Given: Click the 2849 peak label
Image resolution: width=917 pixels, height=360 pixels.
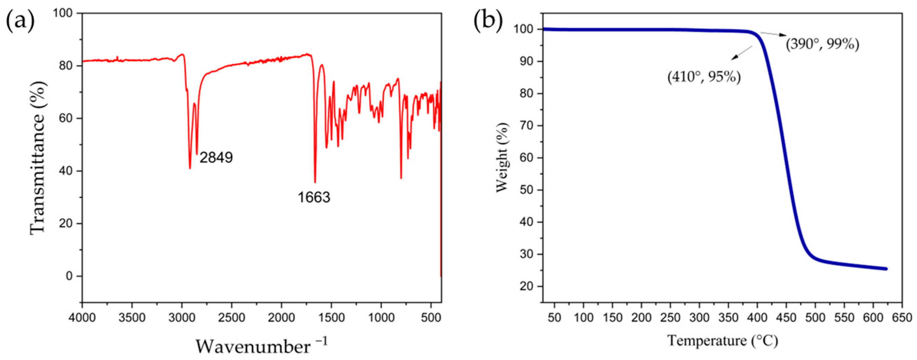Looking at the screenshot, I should tap(216, 158).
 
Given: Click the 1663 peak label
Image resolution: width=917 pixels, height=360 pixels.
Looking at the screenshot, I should tap(314, 197).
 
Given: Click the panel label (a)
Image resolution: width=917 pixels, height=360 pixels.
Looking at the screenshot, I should tap(20, 21).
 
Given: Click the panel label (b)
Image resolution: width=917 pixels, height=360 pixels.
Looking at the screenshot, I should tap(488, 21).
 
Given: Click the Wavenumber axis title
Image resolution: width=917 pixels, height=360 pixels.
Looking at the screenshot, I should tap(261, 346).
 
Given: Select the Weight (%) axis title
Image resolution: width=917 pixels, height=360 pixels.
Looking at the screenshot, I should tap(502, 157).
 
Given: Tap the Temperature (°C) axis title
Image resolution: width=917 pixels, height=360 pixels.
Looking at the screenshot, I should tap(723, 340).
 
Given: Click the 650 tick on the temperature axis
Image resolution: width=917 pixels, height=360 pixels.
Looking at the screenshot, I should tap(902, 317).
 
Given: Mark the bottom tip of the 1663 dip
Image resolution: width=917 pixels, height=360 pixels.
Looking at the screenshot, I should tap(315, 182).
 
